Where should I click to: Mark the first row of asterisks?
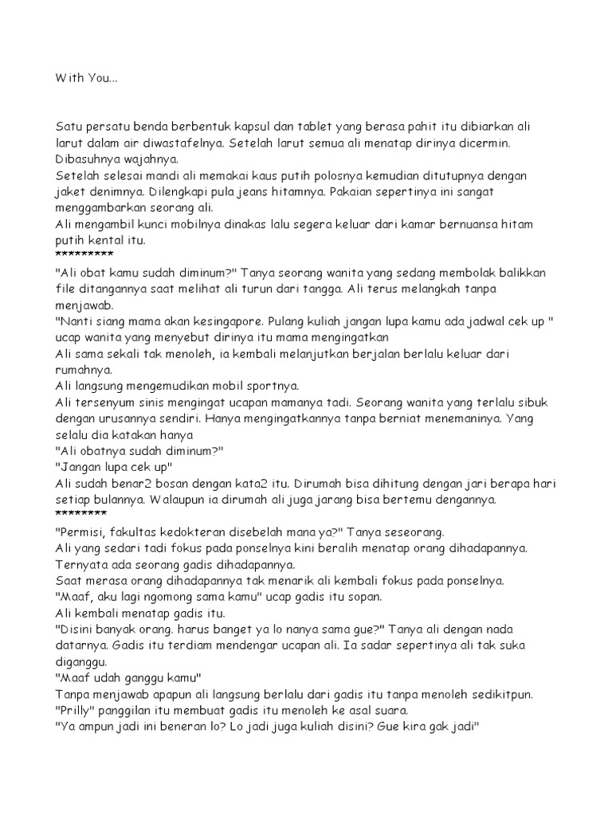[x=84, y=254]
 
